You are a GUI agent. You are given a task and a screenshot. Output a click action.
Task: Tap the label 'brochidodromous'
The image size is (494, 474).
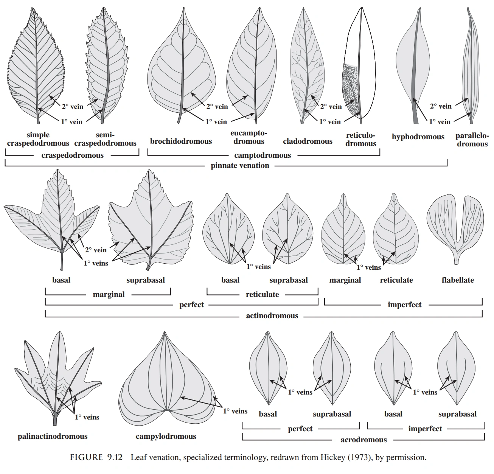(x=181, y=141)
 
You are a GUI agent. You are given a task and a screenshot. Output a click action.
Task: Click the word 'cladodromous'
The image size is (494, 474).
(x=308, y=141)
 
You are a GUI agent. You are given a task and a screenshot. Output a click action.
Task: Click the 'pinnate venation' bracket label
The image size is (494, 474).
(x=240, y=165)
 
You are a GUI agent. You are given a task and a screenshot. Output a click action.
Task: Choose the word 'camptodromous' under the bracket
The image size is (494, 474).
(x=263, y=155)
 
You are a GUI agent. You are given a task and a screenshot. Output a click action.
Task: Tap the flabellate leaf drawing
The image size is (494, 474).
(x=455, y=223)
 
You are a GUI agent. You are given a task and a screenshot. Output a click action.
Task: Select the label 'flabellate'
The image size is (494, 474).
(x=458, y=280)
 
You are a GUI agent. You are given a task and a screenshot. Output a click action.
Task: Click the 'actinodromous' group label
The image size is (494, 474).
(x=272, y=315)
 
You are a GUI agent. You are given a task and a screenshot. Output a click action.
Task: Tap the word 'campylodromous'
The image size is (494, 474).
(x=166, y=437)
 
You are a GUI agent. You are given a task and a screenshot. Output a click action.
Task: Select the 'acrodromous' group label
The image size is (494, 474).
(x=364, y=440)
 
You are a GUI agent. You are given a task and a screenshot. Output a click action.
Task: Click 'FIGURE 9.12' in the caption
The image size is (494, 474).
(x=96, y=457)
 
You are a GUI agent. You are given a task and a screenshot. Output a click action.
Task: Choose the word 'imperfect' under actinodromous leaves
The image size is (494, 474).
(x=404, y=305)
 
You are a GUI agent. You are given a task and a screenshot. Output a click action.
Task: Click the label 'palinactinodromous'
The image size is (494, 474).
(x=53, y=437)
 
